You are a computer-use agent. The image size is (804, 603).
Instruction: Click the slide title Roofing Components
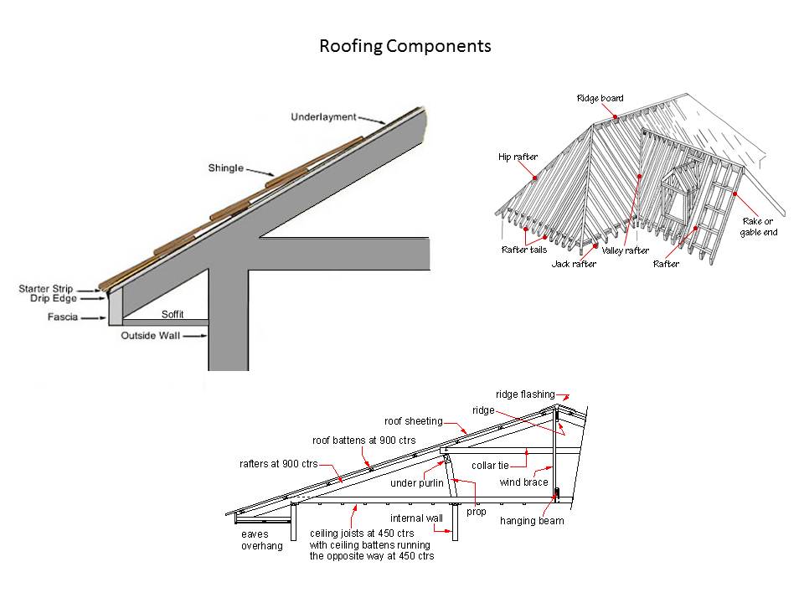point(405,46)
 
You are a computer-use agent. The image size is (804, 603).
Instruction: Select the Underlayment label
point(323,116)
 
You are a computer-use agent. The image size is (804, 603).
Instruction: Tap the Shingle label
point(225,168)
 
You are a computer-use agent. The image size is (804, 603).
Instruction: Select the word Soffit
point(173,316)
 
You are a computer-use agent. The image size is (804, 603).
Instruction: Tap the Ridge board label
point(600,99)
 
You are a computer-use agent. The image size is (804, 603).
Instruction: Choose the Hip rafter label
point(518,157)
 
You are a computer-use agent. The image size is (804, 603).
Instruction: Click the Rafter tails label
point(524,249)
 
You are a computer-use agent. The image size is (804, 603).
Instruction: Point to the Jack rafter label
point(573,265)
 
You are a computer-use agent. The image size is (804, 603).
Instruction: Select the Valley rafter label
point(625,250)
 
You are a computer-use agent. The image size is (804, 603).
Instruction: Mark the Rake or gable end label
point(758,227)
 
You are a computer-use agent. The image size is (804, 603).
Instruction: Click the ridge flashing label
point(525,394)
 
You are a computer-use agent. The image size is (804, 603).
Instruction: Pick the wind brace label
point(524,482)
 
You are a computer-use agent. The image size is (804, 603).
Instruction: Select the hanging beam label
point(532,521)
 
